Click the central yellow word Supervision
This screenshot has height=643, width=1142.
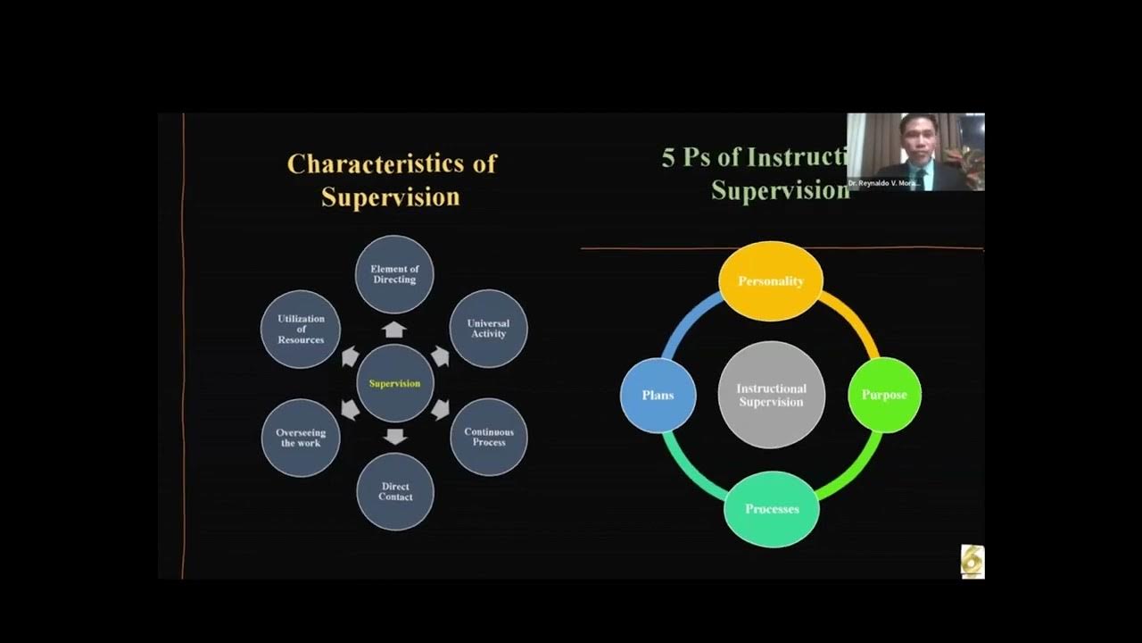tap(394, 384)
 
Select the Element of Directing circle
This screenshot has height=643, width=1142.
tap(394, 274)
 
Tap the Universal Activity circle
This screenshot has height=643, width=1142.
tap(488, 329)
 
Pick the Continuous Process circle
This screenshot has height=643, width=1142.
tap(488, 437)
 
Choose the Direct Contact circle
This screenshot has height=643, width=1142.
tap(394, 492)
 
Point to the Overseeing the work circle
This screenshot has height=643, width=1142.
tap(301, 438)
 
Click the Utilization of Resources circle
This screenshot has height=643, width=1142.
tap(301, 329)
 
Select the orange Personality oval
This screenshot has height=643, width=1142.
tap(771, 280)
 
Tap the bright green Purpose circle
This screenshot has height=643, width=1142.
tap(883, 395)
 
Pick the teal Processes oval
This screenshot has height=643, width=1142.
tap(771, 509)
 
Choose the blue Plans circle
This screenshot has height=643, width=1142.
tap(658, 395)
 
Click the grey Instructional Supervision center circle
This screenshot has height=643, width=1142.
tap(771, 395)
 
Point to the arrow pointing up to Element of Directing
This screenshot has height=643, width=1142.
tap(394, 330)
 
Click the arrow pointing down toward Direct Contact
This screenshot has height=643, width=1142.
tap(394, 437)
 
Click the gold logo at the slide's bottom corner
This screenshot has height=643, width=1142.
tap(972, 562)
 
